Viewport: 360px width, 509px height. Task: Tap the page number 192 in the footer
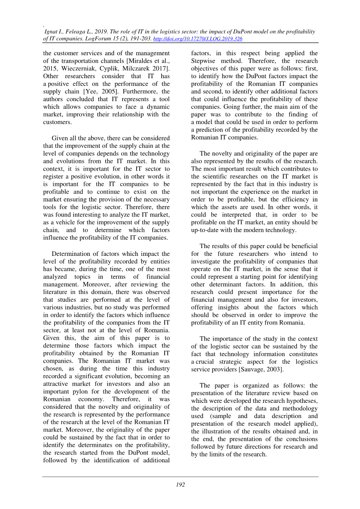click(180, 485)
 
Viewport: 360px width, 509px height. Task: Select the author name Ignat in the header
click(51, 31)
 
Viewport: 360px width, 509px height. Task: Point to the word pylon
click(74, 392)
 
